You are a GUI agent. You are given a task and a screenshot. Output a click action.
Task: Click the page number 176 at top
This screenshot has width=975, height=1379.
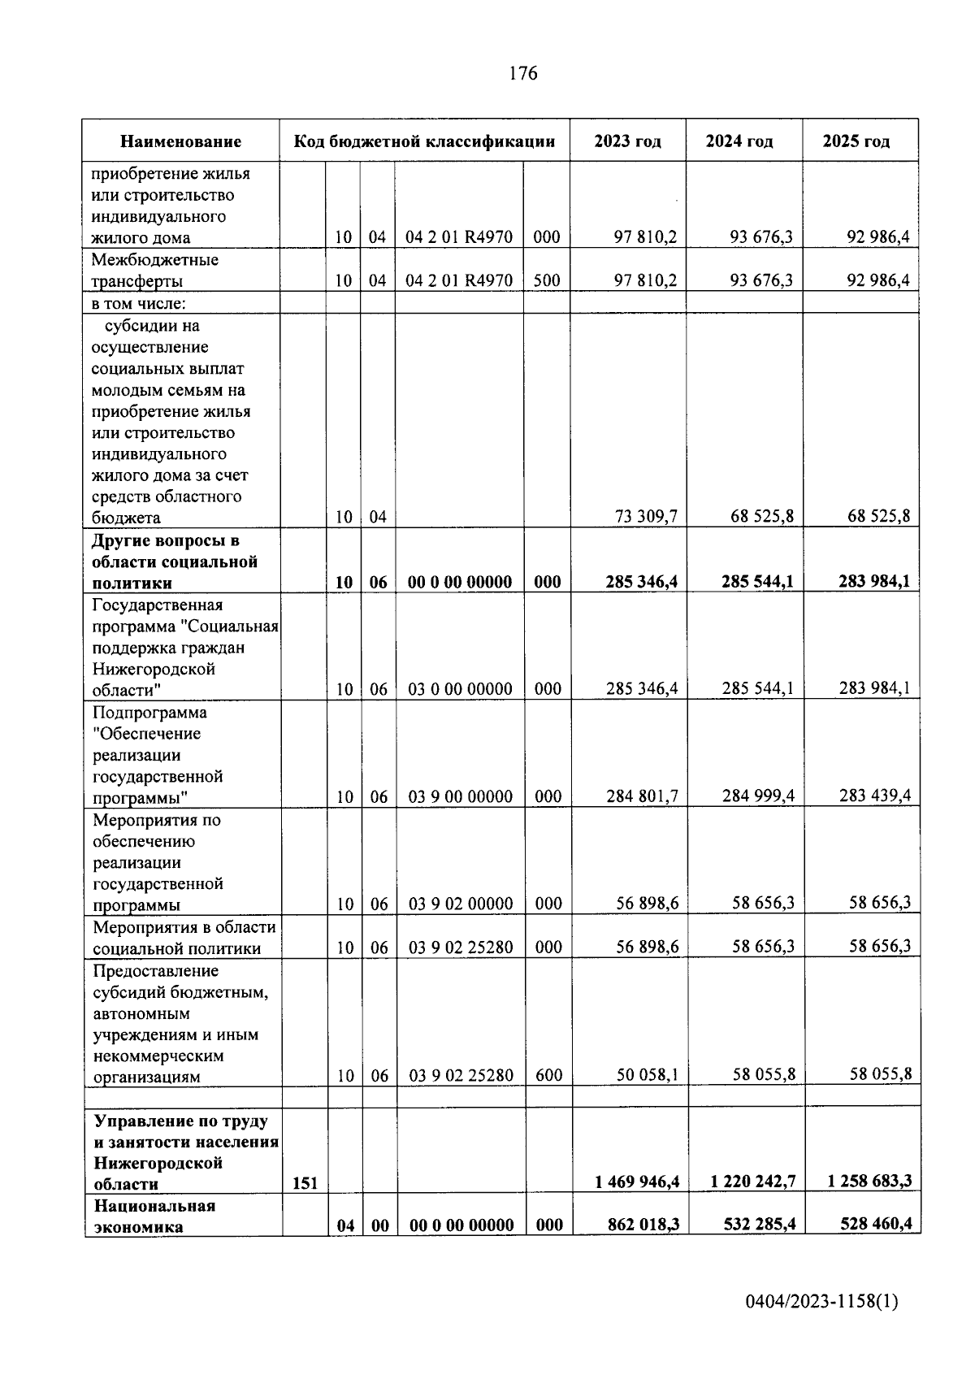point(522,74)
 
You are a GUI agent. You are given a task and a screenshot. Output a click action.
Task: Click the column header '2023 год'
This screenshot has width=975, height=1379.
point(627,141)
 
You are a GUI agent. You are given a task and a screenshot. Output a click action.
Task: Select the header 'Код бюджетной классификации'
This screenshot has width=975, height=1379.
point(424,141)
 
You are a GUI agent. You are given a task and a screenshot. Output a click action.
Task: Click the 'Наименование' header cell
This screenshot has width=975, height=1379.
point(180,141)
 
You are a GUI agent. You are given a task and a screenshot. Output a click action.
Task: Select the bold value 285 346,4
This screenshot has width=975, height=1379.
point(641,582)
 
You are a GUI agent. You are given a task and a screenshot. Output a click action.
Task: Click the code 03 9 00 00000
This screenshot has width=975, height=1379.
point(460,796)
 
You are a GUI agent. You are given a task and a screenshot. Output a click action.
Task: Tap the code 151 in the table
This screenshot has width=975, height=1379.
point(305,1183)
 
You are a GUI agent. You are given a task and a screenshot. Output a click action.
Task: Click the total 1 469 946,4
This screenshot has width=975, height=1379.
point(636,1182)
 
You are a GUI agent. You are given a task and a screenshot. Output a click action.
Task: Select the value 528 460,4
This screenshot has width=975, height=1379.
point(873,1224)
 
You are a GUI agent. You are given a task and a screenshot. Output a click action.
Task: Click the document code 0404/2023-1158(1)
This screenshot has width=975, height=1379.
point(821,1302)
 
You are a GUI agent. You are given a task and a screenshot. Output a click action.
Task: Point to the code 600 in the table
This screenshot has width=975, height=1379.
point(548,1075)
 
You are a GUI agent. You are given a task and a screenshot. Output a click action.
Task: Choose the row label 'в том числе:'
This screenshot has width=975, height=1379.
point(138,304)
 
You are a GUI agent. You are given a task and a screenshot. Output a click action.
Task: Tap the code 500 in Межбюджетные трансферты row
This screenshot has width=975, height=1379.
point(547,280)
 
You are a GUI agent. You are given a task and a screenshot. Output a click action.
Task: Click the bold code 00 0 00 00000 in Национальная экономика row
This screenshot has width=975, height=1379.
point(461,1225)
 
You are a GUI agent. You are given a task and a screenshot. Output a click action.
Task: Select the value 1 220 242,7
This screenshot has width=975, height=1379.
point(752,1182)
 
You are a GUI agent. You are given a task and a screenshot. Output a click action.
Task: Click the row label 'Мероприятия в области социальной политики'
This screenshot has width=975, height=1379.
point(184,938)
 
